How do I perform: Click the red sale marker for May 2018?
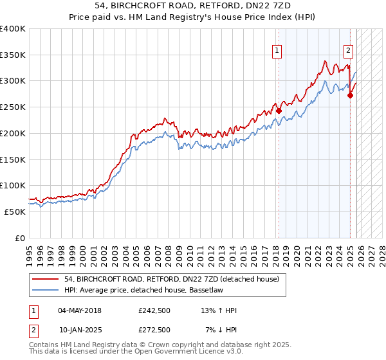pyautogui.click(x=279, y=111)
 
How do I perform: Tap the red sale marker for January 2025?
pyautogui.click(x=350, y=95)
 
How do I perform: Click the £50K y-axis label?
pyautogui.click(x=15, y=212)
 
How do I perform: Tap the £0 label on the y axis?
pyautogui.click(x=20, y=238)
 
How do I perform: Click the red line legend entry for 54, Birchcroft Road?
pyautogui.click(x=171, y=279)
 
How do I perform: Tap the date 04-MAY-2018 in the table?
pyautogui.click(x=80, y=310)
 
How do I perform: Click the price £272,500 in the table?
pyautogui.click(x=154, y=330)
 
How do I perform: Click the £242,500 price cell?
pyautogui.click(x=154, y=310)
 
